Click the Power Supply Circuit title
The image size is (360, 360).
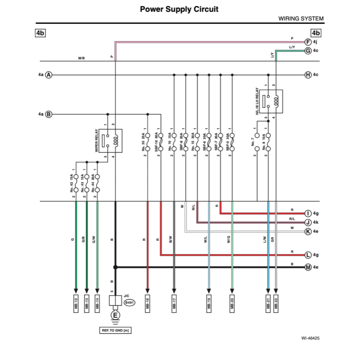click(x=179, y=9)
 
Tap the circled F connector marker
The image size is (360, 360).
click(x=308, y=41)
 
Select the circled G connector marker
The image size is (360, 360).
click(x=308, y=51)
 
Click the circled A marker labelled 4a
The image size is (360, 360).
click(x=49, y=75)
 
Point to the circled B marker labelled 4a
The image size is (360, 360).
click(x=49, y=114)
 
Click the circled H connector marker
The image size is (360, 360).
click(x=308, y=75)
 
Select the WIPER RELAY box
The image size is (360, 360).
click(x=110, y=141)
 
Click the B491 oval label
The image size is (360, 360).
click(x=129, y=302)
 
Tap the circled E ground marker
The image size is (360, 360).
click(x=115, y=315)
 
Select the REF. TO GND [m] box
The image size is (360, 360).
click(x=115, y=330)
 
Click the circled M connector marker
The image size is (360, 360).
click(x=308, y=267)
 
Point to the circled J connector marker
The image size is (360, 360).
click(x=308, y=222)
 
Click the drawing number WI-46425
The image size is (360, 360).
click(x=310, y=338)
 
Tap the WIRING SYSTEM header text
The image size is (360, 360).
click(x=301, y=19)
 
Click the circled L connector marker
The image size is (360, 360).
click(x=308, y=255)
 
